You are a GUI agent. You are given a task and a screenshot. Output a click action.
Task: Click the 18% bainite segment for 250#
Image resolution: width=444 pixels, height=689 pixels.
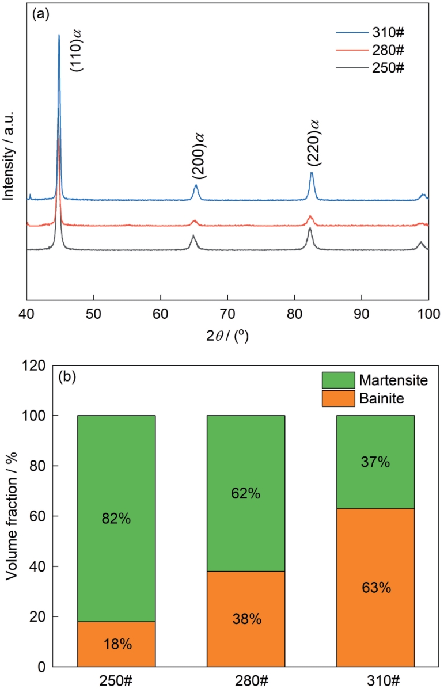[x=116, y=644]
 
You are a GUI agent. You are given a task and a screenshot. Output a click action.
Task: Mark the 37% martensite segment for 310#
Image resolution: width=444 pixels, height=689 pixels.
[x=375, y=462]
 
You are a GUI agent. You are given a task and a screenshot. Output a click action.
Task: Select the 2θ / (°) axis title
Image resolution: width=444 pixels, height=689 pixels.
[x=228, y=335]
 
